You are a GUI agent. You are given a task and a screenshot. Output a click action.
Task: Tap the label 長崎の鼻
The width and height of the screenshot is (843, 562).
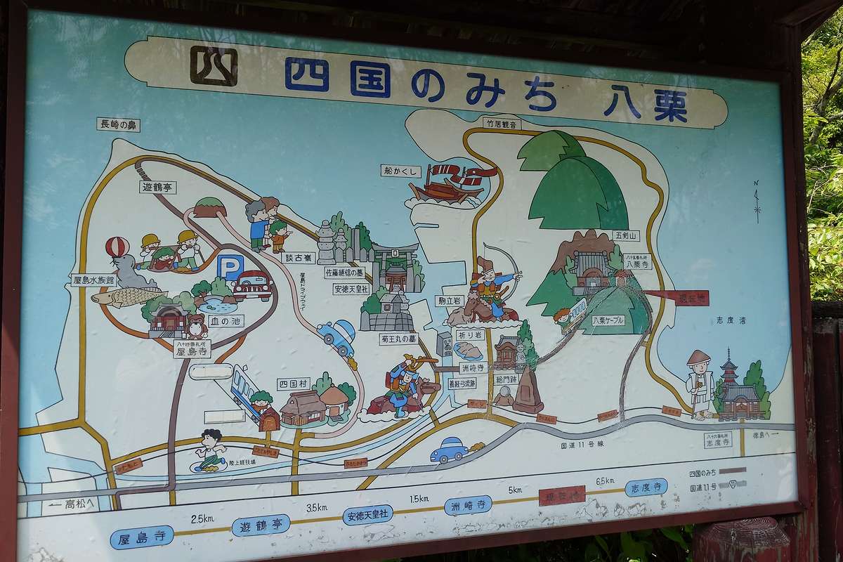pos(119,125)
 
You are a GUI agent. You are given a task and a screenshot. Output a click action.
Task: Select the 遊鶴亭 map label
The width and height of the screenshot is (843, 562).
pos(158,188)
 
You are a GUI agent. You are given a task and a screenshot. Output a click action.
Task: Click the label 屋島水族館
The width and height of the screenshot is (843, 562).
pos(93,280)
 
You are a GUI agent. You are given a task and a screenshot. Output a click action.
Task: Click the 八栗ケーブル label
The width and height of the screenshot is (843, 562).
pos(608,320)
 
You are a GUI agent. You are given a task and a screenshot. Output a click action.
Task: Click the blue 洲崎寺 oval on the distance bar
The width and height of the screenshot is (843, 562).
pos(468,505)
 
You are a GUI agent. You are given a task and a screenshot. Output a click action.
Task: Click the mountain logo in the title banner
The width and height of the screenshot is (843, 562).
pos(213,66)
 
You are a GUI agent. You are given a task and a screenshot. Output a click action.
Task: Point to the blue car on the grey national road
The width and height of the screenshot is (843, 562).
pos(449,450)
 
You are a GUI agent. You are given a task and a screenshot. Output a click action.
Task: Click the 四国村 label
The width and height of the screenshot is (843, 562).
pos(293,384)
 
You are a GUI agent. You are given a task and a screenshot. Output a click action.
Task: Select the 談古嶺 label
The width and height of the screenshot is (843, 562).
pos(297,257)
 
